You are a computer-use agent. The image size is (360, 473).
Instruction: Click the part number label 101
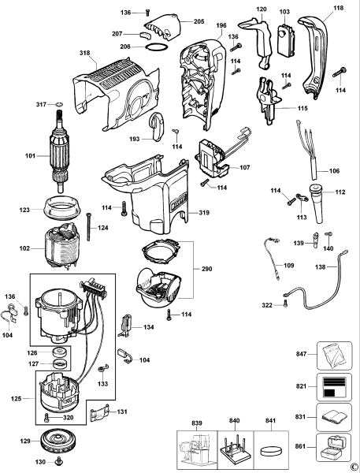click(30, 156)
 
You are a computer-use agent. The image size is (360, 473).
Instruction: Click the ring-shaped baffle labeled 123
click(62, 206)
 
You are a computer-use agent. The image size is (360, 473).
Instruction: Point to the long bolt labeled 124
click(88, 226)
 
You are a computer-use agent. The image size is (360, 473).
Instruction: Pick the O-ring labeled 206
click(157, 47)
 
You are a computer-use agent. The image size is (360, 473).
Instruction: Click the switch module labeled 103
click(285, 39)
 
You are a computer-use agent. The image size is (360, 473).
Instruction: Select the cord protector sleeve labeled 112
click(317, 203)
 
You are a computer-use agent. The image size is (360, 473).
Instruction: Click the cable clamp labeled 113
click(302, 198)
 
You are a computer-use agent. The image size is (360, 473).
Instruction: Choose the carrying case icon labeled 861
click(334, 447)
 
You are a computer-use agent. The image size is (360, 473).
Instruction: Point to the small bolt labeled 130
click(58, 461)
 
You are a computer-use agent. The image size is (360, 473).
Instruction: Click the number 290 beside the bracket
click(207, 269)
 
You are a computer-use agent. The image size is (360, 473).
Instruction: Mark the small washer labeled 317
click(59, 105)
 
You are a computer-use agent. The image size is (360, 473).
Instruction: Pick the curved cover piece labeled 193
click(157, 127)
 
